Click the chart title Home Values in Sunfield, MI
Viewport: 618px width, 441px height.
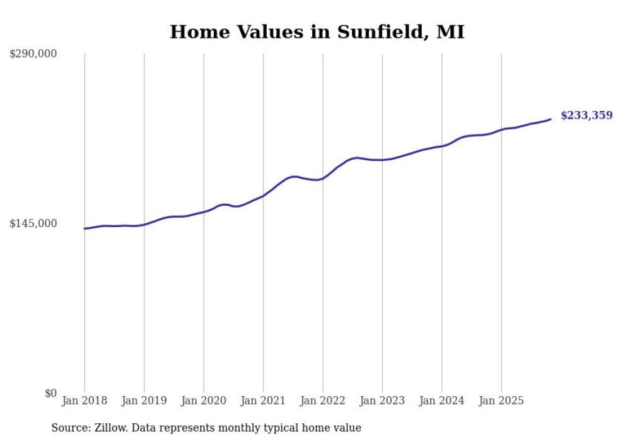(317, 32)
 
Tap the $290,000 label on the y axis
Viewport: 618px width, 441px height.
(33, 54)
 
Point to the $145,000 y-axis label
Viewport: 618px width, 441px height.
(33, 224)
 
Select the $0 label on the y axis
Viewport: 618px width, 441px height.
(50, 394)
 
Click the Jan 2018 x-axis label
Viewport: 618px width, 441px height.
(85, 401)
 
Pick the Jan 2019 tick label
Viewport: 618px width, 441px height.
(144, 401)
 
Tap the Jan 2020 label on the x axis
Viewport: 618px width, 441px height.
(204, 401)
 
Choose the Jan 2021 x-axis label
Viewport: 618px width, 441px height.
(263, 401)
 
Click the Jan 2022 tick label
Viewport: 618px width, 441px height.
(323, 401)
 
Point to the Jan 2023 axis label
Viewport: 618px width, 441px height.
(382, 401)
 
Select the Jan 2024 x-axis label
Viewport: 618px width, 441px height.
(442, 401)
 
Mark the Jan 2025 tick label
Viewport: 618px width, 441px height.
(501, 401)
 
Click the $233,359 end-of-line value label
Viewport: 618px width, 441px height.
(586, 115)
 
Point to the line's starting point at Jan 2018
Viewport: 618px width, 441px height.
(85, 228)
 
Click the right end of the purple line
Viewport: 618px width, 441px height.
(551, 119)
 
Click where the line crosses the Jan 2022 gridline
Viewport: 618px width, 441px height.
(323, 178)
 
